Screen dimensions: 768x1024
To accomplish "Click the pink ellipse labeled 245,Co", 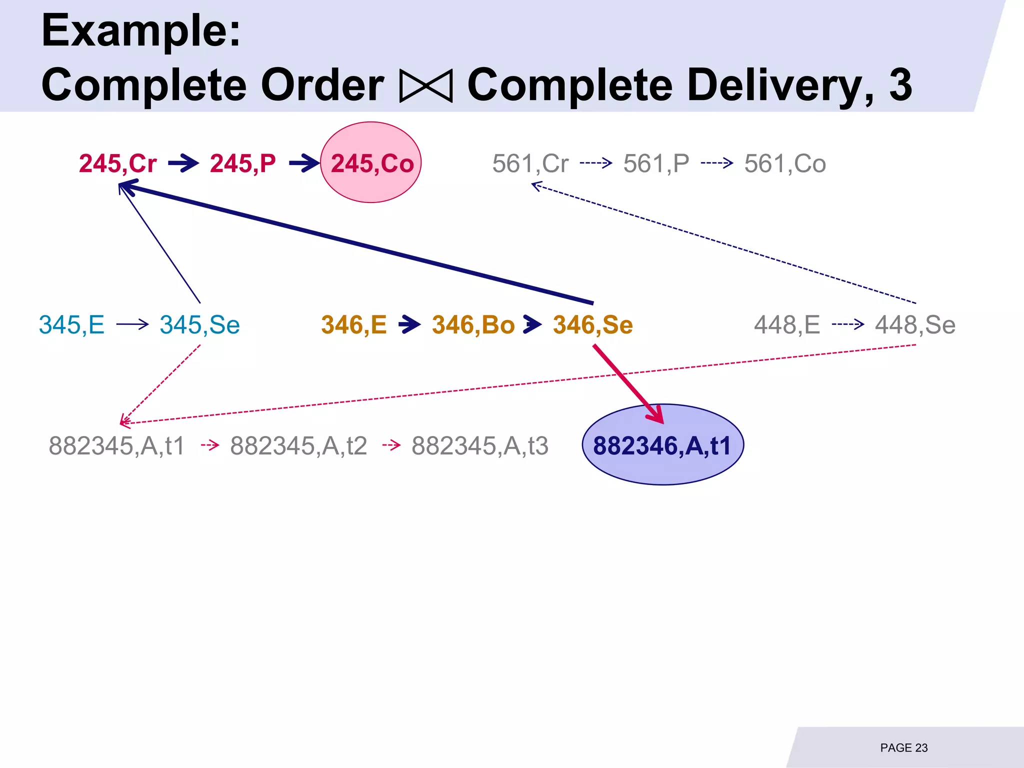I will (370, 162).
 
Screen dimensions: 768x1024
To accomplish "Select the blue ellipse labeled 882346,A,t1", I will (662, 444).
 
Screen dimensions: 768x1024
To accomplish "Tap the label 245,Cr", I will (117, 163).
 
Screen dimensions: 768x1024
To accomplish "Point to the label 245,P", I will (242, 163).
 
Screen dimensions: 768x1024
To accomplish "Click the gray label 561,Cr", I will (530, 163).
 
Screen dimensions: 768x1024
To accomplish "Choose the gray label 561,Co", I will (784, 163).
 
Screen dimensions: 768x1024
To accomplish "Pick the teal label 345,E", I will (71, 324).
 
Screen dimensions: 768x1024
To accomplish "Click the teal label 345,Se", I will (199, 324).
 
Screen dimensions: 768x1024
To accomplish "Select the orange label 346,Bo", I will (473, 324).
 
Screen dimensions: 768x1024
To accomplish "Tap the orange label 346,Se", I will (592, 324).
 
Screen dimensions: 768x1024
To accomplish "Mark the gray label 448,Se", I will (914, 324).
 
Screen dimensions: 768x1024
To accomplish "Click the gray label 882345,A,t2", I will (298, 445).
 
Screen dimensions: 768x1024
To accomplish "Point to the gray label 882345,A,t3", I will (479, 445).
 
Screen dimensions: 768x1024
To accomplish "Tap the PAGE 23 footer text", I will (903, 747).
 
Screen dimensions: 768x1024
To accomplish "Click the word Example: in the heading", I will (141, 31).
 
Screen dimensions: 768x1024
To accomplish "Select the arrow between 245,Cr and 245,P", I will (183, 163).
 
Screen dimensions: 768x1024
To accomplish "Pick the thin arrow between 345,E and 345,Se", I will (132, 324).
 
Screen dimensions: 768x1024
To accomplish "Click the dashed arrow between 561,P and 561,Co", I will (716, 163).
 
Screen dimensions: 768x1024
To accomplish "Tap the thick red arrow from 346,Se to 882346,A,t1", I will (627, 383).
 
